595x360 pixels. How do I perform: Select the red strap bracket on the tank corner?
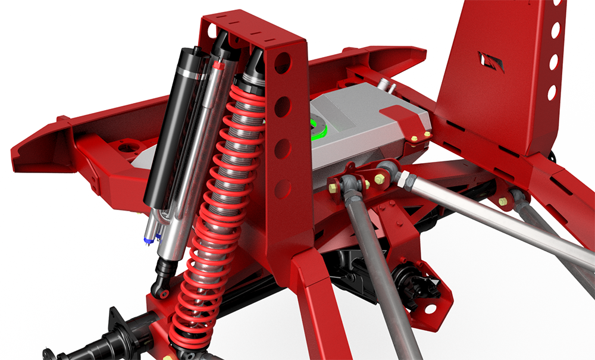pos(410,121)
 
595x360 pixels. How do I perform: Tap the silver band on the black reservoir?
pos(189,73)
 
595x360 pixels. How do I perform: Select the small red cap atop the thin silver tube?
pos(218,66)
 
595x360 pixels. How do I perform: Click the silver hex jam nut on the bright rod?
pos(405,177)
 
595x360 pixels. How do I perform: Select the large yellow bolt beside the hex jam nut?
pos(378,177)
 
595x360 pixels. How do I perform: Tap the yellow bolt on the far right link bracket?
pos(503,201)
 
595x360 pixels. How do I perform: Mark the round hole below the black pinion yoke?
pos(430,309)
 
